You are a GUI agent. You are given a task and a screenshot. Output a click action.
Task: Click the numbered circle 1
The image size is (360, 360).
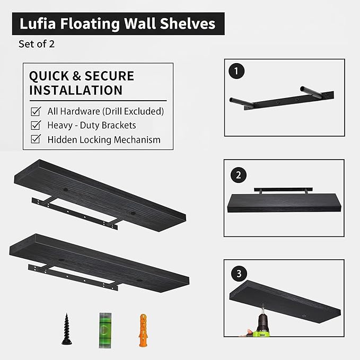click(x=235, y=71)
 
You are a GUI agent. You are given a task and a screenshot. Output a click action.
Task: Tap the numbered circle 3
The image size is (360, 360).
click(x=239, y=274)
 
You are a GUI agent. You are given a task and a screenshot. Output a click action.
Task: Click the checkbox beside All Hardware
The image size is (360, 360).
click(x=36, y=111)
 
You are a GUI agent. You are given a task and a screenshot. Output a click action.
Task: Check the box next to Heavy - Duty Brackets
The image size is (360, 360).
click(x=36, y=126)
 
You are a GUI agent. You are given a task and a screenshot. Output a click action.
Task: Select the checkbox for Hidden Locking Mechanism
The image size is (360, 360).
click(x=36, y=140)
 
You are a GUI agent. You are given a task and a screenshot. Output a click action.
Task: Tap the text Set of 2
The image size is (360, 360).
click(x=37, y=44)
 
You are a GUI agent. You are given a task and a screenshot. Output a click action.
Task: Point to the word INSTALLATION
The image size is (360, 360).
click(x=76, y=90)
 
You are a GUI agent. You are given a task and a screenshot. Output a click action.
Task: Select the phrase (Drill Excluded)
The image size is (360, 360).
click(x=133, y=111)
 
